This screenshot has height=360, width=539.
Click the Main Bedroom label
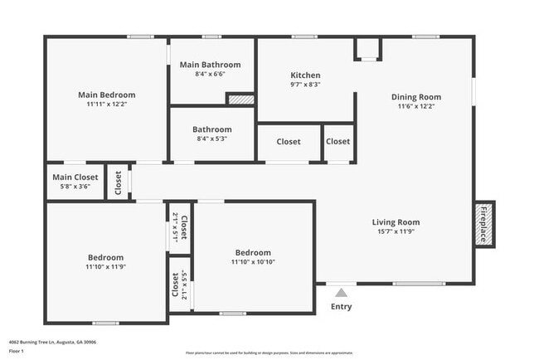[106, 95]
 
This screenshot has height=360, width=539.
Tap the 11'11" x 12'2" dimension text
[106, 105]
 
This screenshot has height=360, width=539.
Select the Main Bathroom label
[211, 65]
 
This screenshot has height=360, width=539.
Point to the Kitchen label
[305, 75]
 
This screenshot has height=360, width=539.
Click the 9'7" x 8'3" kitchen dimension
[305, 85]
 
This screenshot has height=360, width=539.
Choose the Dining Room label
[415, 97]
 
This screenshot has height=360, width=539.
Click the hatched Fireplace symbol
[484, 224]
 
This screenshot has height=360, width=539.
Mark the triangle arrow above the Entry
[341, 292]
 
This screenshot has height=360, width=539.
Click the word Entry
[341, 307]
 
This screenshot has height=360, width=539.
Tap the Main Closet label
[75, 178]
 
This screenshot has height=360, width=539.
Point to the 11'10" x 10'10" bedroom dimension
[252, 263]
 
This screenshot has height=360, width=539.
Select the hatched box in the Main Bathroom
[240, 99]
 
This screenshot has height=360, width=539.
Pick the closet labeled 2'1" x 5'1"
[180, 226]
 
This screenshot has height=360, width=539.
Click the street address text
[52, 342]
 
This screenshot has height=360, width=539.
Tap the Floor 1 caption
[17, 352]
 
